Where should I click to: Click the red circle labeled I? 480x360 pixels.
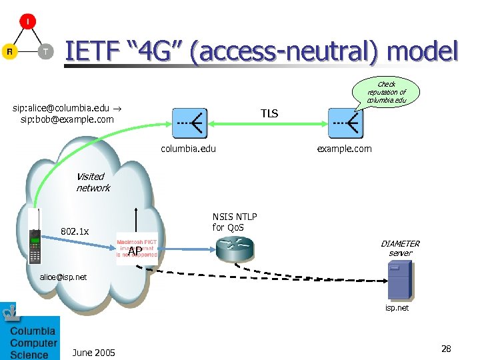point(27,22)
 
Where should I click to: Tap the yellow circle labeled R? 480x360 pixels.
point(10,52)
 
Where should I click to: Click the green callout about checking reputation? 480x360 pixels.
point(386,92)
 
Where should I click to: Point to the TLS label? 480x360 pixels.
point(269,114)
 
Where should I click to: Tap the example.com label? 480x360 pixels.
point(344,149)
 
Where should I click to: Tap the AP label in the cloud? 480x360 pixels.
point(135,251)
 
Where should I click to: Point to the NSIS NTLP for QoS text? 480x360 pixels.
point(235,222)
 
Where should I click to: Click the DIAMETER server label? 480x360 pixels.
point(400,248)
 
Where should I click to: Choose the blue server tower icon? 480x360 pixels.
point(399,279)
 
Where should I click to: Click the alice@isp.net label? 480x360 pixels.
point(63,277)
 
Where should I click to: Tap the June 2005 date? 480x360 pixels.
point(93,352)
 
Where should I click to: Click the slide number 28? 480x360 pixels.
point(446,349)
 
